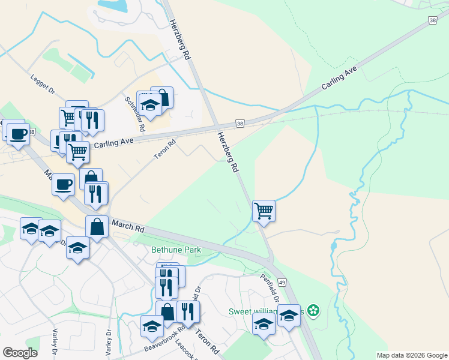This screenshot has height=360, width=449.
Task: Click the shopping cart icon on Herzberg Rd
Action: (x=264, y=211)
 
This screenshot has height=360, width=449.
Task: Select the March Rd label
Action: (x=127, y=225)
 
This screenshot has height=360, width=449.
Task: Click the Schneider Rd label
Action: (x=134, y=114)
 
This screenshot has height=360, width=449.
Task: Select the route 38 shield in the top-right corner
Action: (x=433, y=20)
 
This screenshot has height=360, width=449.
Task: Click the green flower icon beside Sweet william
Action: (x=313, y=311)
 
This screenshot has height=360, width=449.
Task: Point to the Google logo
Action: (x=20, y=353)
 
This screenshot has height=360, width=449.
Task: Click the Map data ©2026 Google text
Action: (x=412, y=355)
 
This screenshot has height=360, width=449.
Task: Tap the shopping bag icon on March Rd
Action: (x=97, y=227)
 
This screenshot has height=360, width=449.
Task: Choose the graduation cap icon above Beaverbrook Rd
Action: (x=152, y=326)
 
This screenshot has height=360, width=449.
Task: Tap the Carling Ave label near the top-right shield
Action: (x=339, y=78)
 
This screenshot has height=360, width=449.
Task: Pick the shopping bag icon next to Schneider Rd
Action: (x=161, y=97)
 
